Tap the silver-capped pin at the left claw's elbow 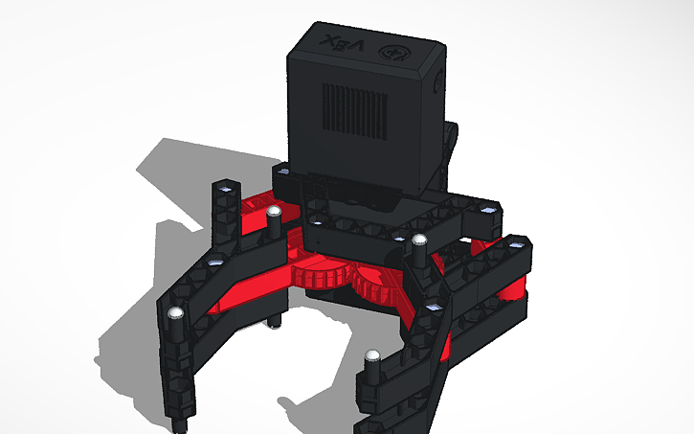click(x=175, y=314)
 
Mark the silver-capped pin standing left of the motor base click(x=273, y=212)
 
